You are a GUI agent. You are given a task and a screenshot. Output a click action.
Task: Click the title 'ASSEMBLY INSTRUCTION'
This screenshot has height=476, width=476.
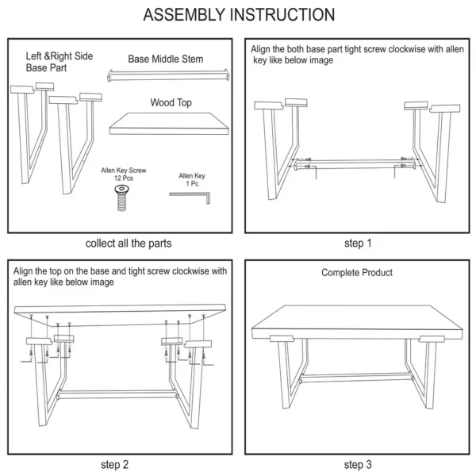pos(239,14)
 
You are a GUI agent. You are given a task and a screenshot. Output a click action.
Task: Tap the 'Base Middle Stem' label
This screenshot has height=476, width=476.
pos(166,59)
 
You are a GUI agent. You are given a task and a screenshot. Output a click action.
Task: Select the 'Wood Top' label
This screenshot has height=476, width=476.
pos(171,102)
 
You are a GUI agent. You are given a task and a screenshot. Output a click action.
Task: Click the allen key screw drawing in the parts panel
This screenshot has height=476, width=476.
pos(121,198)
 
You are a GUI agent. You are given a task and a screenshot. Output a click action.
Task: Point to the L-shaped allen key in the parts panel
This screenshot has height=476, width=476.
pos(190,198)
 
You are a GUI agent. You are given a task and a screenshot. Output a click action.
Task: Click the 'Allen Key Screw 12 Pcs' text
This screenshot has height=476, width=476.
pos(124,174)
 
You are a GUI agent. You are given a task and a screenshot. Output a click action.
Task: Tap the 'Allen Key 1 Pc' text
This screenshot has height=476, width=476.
pos(192,179)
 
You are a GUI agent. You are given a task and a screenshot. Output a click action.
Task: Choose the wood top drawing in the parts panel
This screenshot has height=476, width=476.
pos(169,124)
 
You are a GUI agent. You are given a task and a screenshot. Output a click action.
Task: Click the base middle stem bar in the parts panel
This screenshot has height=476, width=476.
pos(168,75)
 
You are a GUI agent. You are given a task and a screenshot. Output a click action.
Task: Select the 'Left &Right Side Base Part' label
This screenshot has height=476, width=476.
pos(59,62)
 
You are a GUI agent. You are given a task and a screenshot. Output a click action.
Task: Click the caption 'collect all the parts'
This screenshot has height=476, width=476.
pos(129,244)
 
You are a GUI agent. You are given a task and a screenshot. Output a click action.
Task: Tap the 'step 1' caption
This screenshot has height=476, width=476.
pos(358,243)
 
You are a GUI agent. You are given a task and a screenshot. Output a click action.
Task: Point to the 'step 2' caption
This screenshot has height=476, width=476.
pos(115,464)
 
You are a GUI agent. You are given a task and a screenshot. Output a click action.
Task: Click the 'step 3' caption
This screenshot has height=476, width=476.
pos(358,464)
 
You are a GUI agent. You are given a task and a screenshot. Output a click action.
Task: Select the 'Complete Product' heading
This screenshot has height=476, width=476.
pos(357,272)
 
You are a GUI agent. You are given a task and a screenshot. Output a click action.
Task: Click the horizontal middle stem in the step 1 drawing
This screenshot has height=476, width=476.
pos(355,163)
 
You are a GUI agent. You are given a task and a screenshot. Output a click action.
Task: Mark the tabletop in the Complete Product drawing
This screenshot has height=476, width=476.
pos(357,322)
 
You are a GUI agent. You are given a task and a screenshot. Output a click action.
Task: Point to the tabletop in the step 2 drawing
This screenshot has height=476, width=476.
pos(120,315)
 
